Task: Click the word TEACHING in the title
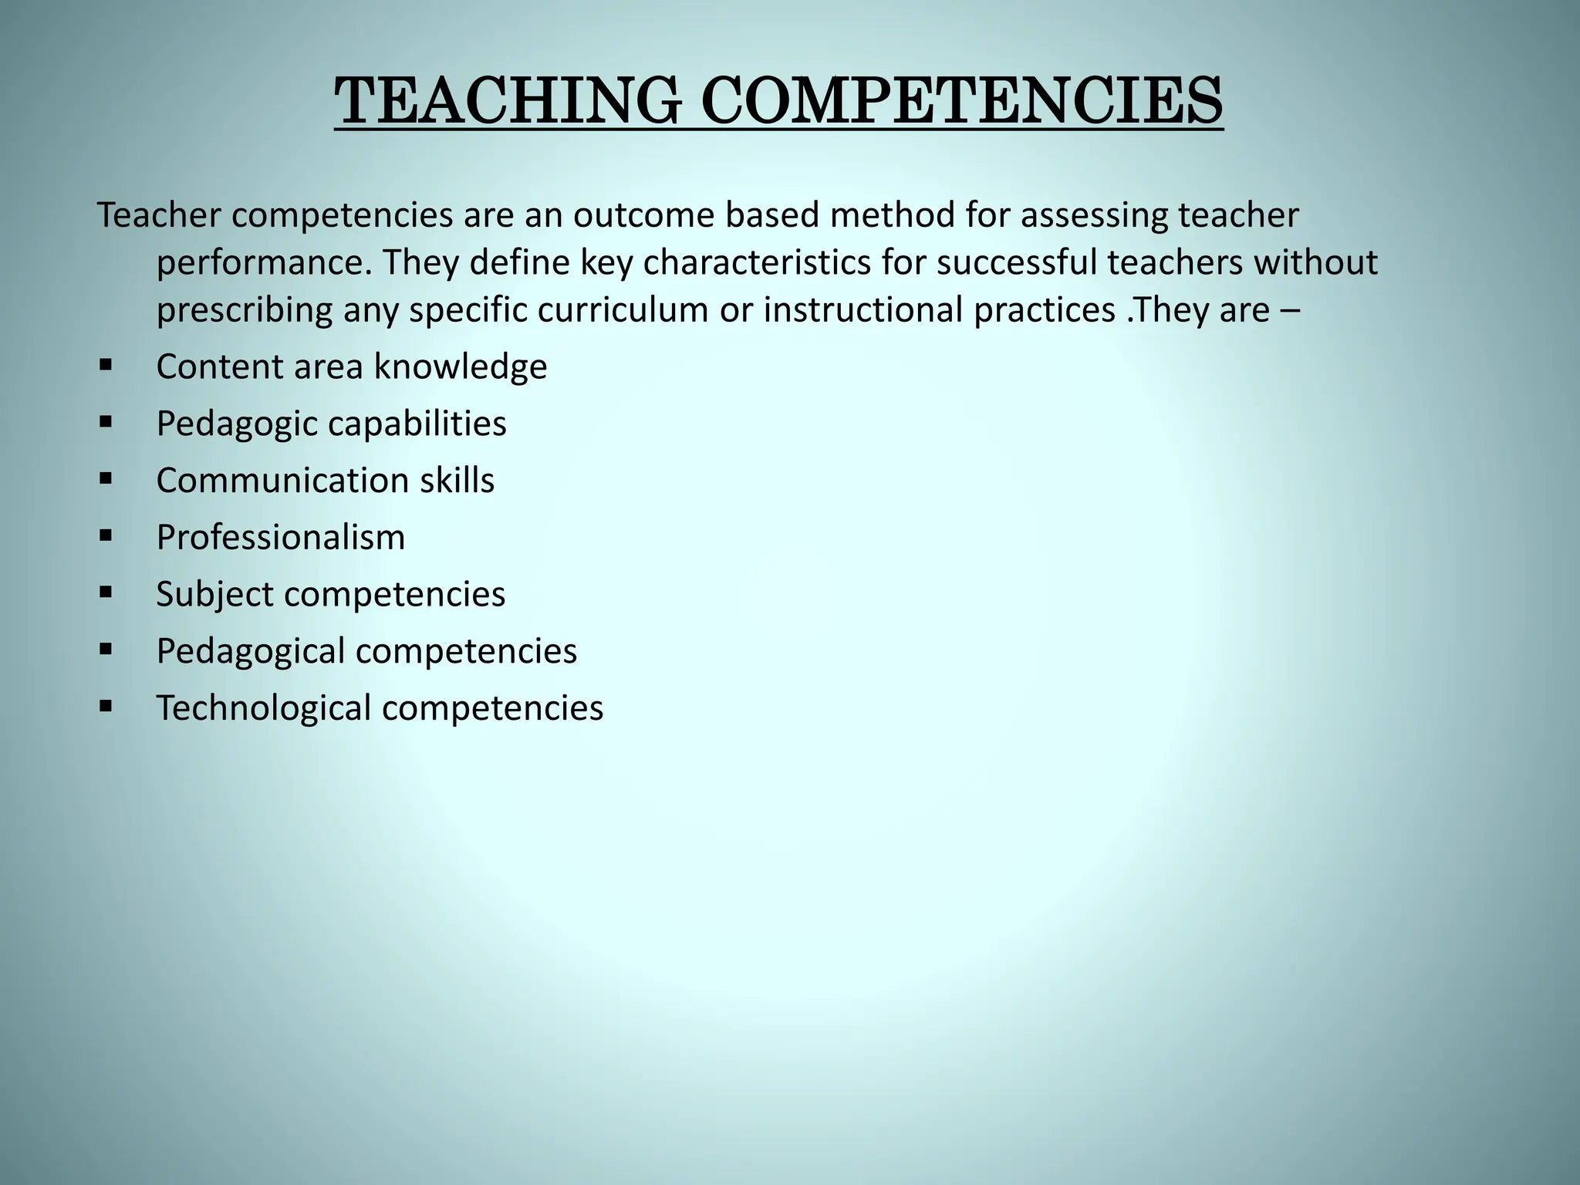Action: click(x=508, y=101)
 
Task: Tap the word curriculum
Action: click(x=623, y=310)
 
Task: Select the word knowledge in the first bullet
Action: click(x=461, y=366)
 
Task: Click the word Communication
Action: click(x=282, y=480)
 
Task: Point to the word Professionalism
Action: click(x=281, y=537)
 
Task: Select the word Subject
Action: click(x=214, y=595)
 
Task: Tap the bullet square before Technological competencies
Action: click(x=106, y=706)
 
